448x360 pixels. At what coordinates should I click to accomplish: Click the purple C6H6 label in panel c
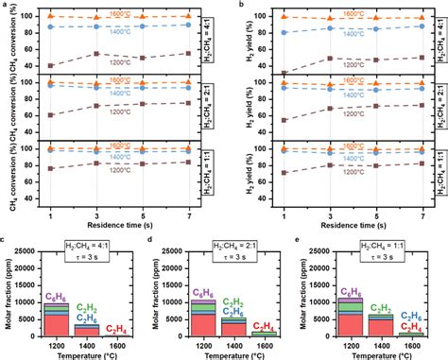tap(57, 296)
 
